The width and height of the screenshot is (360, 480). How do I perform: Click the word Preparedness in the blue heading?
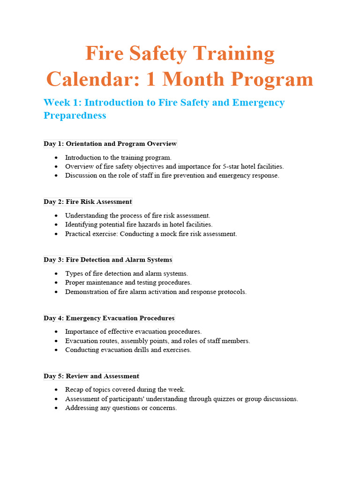[x=75, y=115]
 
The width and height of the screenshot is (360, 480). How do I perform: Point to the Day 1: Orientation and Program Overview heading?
[x=110, y=143]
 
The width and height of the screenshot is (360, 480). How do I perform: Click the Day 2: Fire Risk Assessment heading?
[x=88, y=202]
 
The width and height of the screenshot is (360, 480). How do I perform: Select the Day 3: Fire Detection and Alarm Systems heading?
[x=108, y=260]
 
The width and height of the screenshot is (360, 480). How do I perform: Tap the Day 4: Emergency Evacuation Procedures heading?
[x=109, y=318]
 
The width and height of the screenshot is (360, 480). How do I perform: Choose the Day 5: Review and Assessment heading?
[x=91, y=376]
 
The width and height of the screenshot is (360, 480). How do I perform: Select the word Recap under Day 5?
[x=74, y=390]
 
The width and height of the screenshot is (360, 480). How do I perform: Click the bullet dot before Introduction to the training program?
[x=56, y=157]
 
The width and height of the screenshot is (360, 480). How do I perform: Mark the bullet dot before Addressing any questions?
[x=56, y=408]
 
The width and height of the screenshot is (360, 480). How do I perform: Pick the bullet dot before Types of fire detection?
[x=56, y=274]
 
